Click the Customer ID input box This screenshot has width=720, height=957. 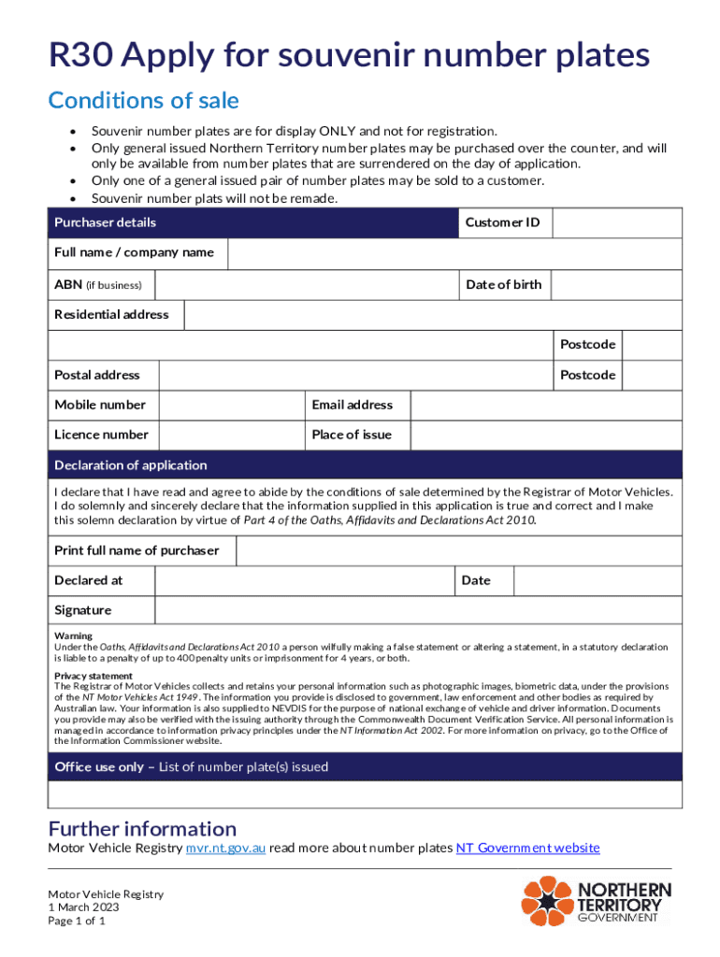617,222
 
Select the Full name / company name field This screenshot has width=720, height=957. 454,253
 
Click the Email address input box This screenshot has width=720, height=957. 546,405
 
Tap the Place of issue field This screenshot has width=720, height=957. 546,435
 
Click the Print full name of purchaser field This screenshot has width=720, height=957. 458,550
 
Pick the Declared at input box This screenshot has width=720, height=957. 304,580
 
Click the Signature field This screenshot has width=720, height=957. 418,610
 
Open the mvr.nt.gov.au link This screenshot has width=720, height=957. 225,849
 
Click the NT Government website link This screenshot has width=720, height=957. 527,849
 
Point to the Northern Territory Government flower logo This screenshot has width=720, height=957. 546,902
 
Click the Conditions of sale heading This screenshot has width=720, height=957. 143,101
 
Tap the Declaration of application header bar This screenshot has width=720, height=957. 365,465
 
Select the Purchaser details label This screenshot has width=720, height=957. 105,222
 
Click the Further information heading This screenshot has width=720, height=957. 142,829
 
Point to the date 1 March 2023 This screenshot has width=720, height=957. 83,907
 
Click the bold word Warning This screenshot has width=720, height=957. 73,636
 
